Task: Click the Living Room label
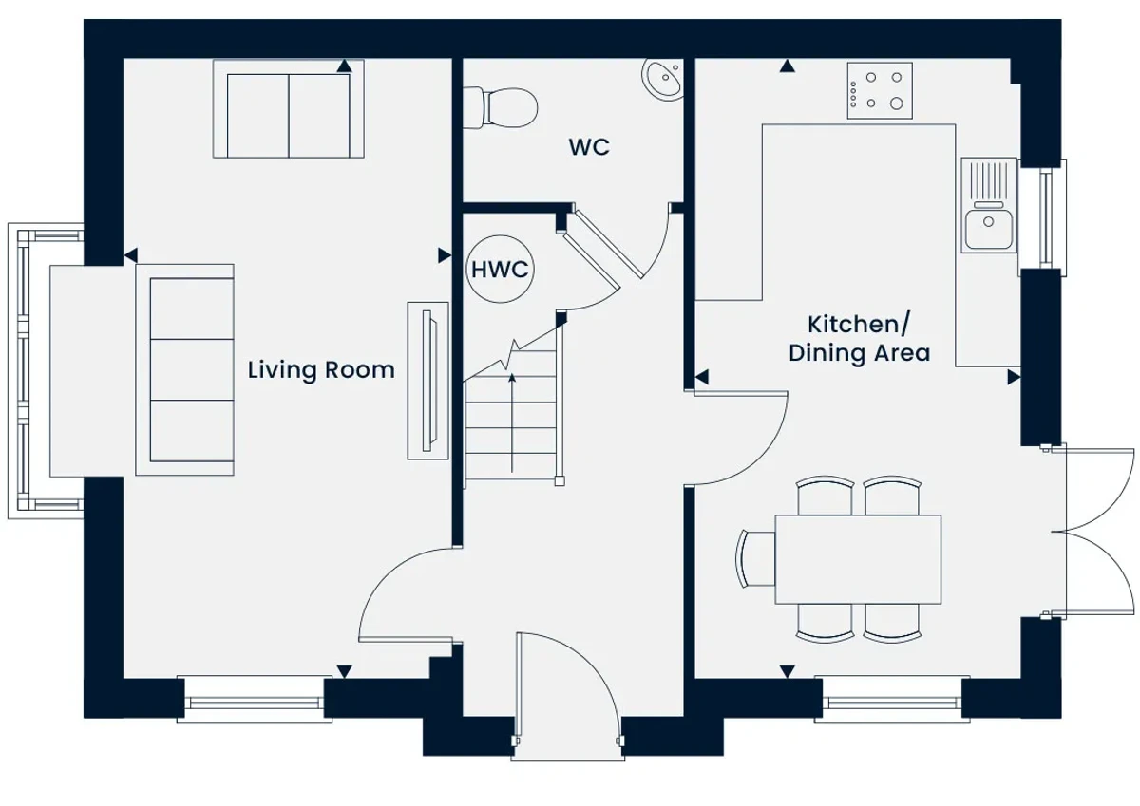pos(321,370)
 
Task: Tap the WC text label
pos(589,147)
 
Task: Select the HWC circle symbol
pos(501,269)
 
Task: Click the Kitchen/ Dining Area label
pos(859,339)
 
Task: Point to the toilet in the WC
pos(501,108)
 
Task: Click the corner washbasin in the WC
pos(663,79)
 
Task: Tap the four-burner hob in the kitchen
pos(880,91)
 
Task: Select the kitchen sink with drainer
pos(989,205)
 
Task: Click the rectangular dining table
pos(858,559)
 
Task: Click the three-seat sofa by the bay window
pos(184,369)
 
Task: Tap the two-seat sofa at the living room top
pos(289,109)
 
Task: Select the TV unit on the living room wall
pos(428,381)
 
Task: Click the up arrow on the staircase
pos(512,423)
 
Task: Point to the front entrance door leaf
pos(518,696)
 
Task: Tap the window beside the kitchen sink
pos(1043,218)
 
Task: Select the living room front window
pos(255,700)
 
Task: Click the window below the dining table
pos(892,700)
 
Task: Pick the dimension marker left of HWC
pos(445,255)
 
